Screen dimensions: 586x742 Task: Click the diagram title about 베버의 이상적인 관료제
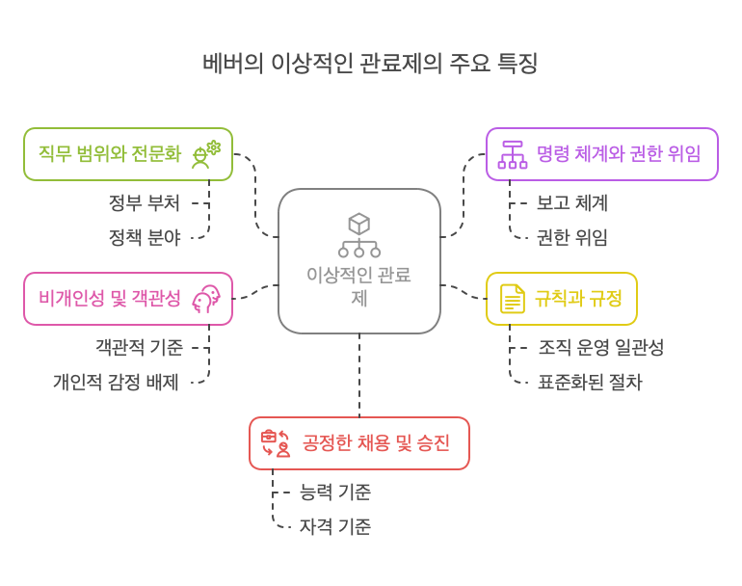[x=370, y=65]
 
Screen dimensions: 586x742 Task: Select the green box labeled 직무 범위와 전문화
[x=128, y=154]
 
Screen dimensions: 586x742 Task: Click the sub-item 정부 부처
[x=144, y=203]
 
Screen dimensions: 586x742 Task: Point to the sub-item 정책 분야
[x=144, y=236]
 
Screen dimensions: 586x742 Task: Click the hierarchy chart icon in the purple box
[x=512, y=154]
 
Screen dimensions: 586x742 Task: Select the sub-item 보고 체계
[x=572, y=203]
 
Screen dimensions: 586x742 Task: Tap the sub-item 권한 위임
[x=572, y=237]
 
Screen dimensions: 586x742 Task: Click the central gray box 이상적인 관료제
[x=359, y=261]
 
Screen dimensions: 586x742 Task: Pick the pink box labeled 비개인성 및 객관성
[x=128, y=299]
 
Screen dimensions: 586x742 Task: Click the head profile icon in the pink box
[x=206, y=299]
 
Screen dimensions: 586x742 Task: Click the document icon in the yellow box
[x=512, y=299]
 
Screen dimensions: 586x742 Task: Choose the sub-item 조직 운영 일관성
[x=601, y=348]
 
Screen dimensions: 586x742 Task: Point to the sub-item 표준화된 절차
[x=590, y=382]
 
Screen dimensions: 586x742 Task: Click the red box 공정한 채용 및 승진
[x=358, y=443]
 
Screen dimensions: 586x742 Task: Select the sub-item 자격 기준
[x=335, y=526]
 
